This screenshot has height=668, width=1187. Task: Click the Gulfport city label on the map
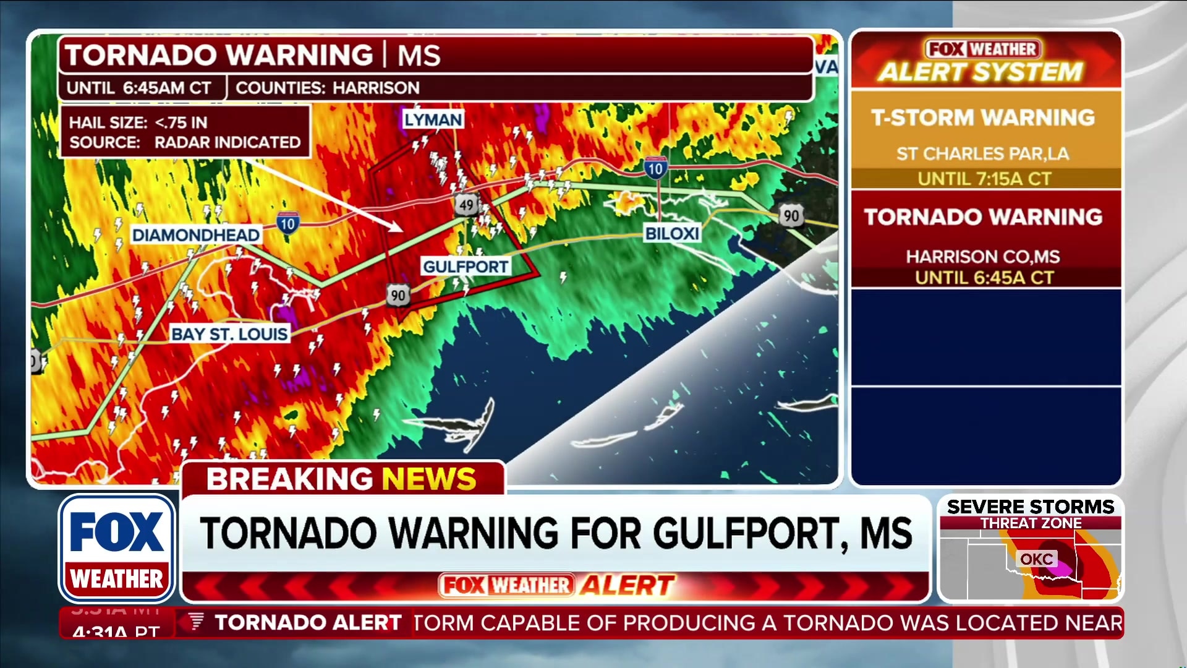(x=465, y=267)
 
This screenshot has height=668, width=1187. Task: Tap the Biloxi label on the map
(x=671, y=234)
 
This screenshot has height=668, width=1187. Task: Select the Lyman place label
(x=433, y=119)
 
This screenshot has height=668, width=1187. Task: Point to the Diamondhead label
(x=195, y=235)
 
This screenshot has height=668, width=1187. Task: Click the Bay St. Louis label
(x=229, y=334)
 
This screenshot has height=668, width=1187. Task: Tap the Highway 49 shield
(x=466, y=205)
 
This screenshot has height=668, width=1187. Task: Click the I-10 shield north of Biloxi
(x=655, y=168)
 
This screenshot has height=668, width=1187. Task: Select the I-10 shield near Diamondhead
(x=287, y=223)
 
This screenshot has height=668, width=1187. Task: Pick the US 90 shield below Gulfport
(x=398, y=295)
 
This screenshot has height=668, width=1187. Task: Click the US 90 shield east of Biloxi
(x=791, y=215)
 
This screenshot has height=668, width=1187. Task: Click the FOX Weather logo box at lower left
(x=117, y=549)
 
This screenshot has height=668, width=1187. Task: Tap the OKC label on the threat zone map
(x=1036, y=559)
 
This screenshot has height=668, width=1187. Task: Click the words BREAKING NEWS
(x=341, y=479)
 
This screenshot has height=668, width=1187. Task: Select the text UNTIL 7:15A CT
(x=984, y=179)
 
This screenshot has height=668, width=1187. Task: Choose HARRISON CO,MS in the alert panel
(x=983, y=256)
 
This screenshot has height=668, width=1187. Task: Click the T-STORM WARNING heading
(x=983, y=118)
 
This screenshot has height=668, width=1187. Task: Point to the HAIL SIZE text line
(x=138, y=122)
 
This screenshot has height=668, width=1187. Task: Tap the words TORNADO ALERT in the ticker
(x=308, y=622)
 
